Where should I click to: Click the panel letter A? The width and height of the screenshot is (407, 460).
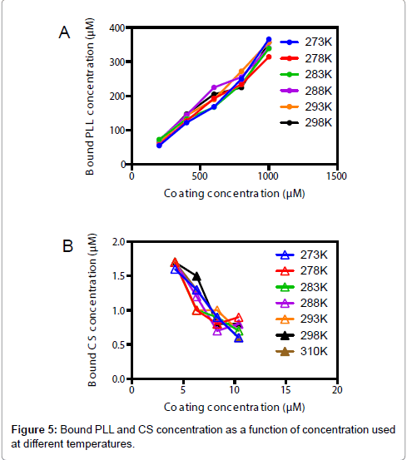(x=63, y=32)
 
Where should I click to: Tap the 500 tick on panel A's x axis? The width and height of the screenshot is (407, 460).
(x=200, y=177)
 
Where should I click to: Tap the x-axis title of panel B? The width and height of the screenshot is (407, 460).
(x=233, y=407)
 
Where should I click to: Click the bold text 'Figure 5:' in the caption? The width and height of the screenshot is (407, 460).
(x=35, y=430)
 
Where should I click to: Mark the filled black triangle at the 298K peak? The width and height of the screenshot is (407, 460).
(x=196, y=276)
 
